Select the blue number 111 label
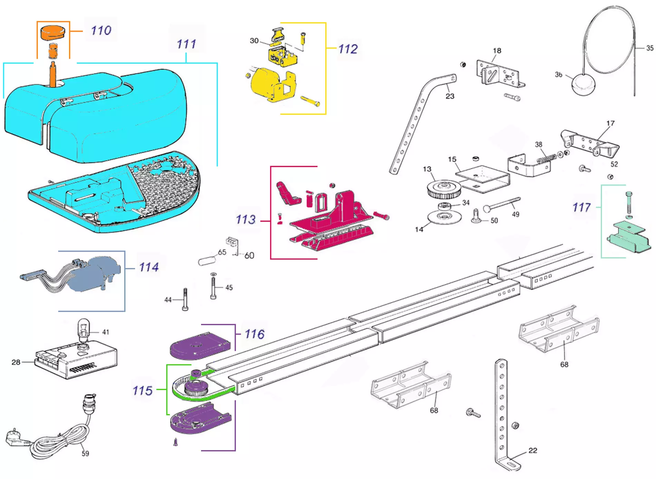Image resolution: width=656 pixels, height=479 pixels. pyautogui.click(x=186, y=44)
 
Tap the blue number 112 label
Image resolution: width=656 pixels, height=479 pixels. pyautogui.click(x=348, y=49)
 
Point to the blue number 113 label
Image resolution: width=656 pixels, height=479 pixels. pyautogui.click(x=245, y=220)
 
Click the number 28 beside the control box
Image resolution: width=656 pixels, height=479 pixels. pyautogui.click(x=16, y=362)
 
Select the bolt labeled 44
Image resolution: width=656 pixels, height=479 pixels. pyautogui.click(x=185, y=299)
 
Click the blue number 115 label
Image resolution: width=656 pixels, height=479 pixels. pyautogui.click(x=143, y=391)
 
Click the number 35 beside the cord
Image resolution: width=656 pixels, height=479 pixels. pyautogui.click(x=650, y=48)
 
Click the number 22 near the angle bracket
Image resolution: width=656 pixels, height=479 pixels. pyautogui.click(x=533, y=450)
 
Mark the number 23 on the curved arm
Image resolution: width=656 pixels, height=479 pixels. pyautogui.click(x=450, y=96)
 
